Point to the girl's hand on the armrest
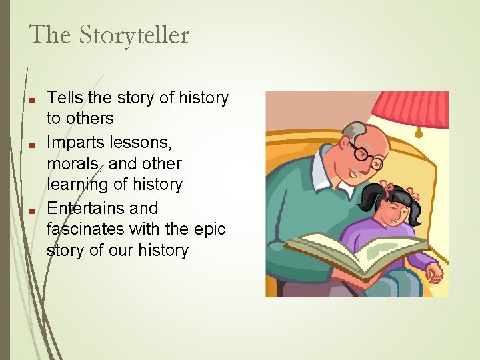click(x=433, y=274)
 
